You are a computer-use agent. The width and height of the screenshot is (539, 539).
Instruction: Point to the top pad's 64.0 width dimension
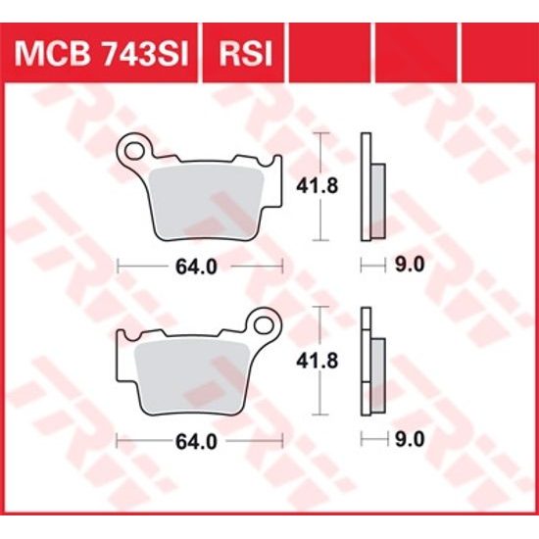tap(199, 265)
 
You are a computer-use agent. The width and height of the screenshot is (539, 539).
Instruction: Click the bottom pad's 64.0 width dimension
tap(199, 440)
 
